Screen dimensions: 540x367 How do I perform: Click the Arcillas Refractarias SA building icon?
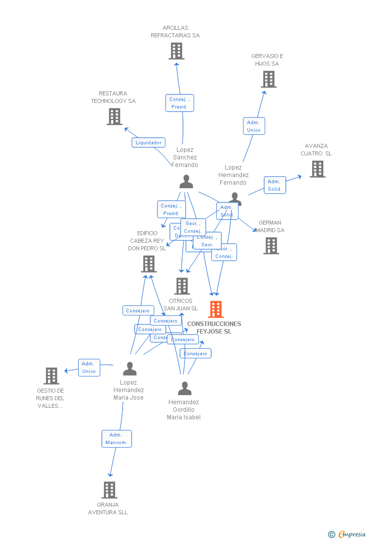click(176, 51)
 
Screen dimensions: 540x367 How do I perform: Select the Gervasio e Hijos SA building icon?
click(269, 79)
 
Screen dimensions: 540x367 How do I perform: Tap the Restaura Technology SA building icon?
click(114, 117)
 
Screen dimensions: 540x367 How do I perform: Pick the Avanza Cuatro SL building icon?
click(317, 169)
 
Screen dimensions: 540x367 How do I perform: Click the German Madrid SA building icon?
click(271, 246)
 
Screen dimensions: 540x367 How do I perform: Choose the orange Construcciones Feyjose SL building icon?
click(215, 309)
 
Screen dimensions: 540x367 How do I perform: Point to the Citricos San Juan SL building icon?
click(181, 286)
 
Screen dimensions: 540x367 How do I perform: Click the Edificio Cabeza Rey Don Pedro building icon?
click(148, 264)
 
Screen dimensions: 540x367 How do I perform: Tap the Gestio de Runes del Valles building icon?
click(51, 376)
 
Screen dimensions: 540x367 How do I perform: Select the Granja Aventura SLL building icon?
click(109, 490)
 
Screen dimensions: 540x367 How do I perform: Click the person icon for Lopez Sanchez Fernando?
click(186, 182)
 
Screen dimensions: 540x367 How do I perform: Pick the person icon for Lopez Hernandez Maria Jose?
click(130, 369)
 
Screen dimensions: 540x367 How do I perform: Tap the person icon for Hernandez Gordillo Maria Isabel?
click(185, 389)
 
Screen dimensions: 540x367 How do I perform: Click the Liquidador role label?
click(149, 142)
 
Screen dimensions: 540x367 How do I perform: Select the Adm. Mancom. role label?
click(116, 439)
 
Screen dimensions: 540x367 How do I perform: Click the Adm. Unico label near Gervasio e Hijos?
click(254, 126)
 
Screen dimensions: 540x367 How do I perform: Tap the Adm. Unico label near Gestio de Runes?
click(89, 367)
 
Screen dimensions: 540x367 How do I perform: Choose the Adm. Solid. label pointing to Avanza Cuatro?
click(275, 185)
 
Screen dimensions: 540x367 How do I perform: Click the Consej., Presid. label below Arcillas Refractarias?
click(179, 103)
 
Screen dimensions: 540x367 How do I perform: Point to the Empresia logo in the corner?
click(347, 534)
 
